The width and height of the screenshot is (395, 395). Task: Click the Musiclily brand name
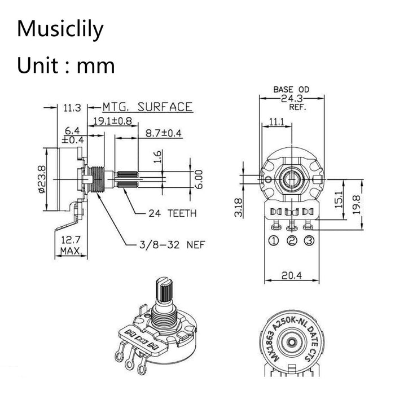coord(60,29)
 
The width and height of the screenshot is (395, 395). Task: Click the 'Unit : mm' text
coord(65,65)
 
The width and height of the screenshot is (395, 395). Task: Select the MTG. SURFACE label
coord(147,107)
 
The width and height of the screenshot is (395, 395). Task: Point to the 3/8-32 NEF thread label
coord(172,245)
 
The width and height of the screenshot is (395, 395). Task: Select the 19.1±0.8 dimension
coord(112,120)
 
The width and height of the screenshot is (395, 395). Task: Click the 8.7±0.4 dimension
coord(164,134)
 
